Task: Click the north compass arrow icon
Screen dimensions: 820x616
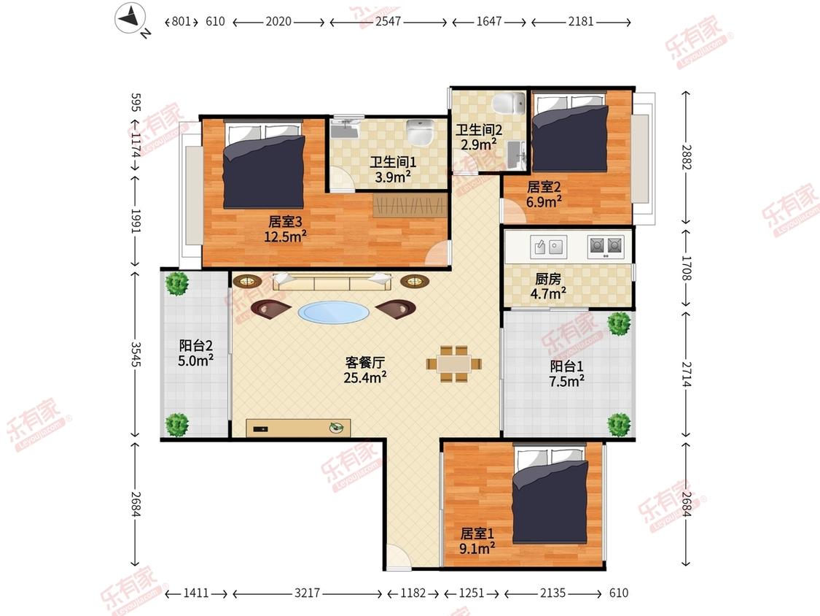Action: (x=130, y=18)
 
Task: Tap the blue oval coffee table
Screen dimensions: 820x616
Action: (x=334, y=312)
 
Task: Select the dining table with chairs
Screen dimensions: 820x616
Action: (x=454, y=363)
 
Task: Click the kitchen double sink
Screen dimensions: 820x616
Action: (x=547, y=246)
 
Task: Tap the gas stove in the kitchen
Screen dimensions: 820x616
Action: (x=606, y=246)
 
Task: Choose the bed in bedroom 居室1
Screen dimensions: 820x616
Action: (x=550, y=494)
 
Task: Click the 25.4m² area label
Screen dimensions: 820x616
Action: (x=365, y=377)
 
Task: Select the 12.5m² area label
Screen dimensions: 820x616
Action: (x=285, y=236)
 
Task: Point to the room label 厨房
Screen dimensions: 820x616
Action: (x=548, y=280)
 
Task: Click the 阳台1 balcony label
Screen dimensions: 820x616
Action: (x=566, y=366)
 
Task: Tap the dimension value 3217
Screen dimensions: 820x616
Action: (x=307, y=593)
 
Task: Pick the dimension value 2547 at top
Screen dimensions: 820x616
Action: (x=388, y=21)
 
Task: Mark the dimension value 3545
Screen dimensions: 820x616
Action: (x=136, y=355)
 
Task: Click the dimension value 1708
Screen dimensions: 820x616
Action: (x=687, y=268)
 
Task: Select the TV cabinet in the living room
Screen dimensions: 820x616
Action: (x=298, y=428)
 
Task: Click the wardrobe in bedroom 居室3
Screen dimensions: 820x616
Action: (x=410, y=205)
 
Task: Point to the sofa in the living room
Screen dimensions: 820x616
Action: (x=332, y=281)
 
